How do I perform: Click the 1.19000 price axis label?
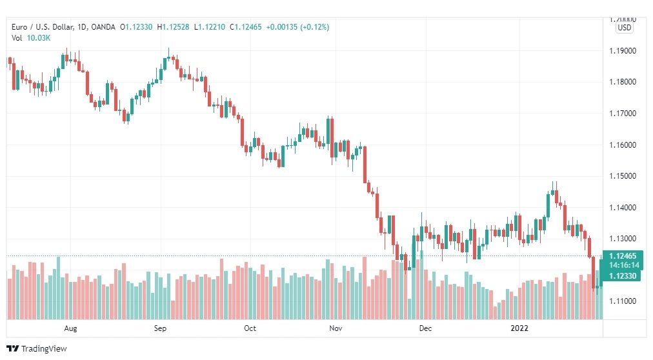click(x=623, y=51)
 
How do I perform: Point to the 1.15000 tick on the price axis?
click(x=623, y=176)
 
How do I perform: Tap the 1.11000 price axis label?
click(x=623, y=301)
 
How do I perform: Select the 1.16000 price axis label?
click(x=623, y=145)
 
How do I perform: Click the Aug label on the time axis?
click(x=71, y=328)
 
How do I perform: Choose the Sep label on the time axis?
click(x=161, y=328)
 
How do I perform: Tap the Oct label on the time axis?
click(x=250, y=328)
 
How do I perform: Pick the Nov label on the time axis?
click(x=336, y=328)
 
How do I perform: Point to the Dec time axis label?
click(x=425, y=328)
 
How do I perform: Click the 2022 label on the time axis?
click(x=519, y=328)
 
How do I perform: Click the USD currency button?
click(x=624, y=28)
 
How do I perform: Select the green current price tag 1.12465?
click(x=623, y=256)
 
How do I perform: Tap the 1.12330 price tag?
click(x=623, y=275)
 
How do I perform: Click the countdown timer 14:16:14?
click(x=623, y=265)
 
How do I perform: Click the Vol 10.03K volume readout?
click(x=31, y=38)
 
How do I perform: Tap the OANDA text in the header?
click(x=103, y=27)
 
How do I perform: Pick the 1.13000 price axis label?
click(x=623, y=239)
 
